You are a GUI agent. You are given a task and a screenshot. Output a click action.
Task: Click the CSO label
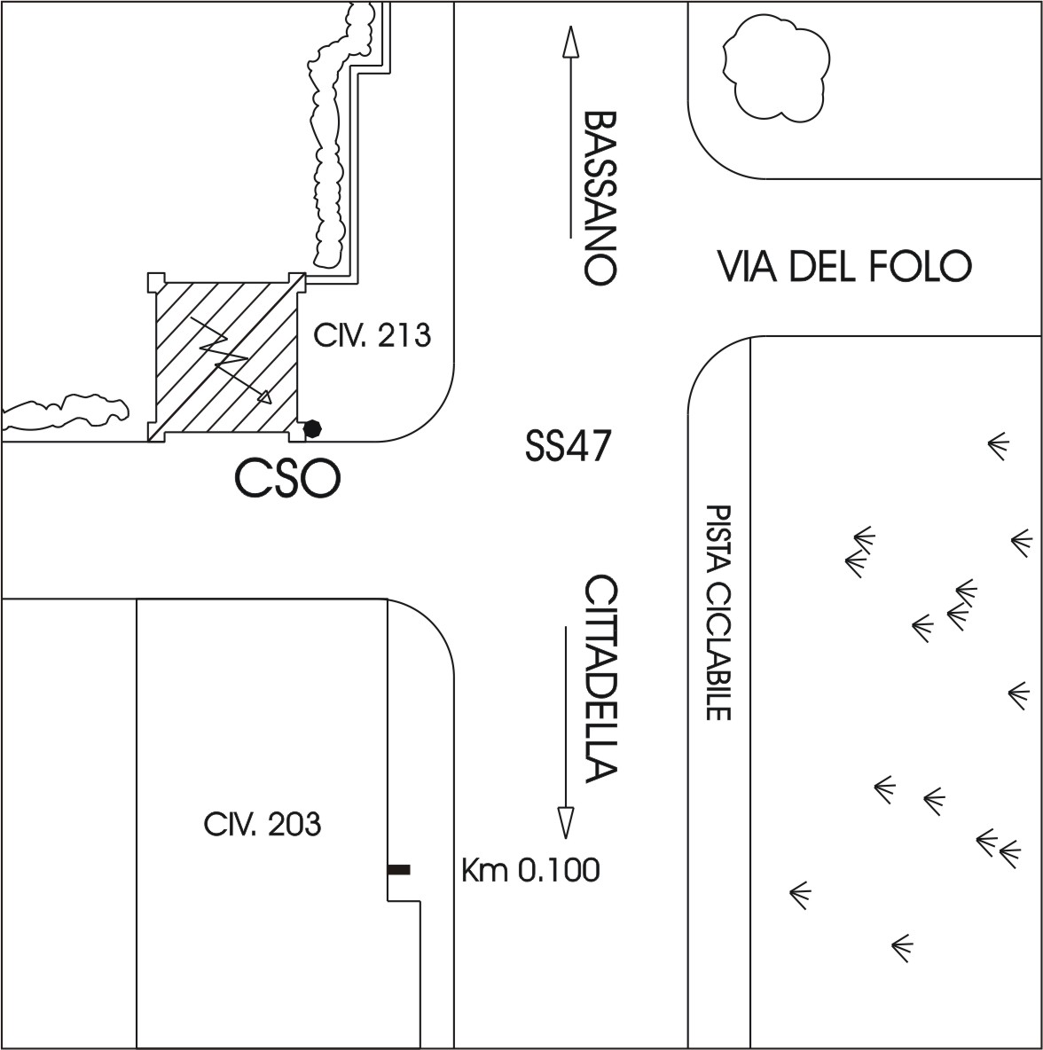pos(286,480)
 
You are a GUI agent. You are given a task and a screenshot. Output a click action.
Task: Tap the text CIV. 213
pos(372,335)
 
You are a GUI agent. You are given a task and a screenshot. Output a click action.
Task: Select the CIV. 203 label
pos(262,825)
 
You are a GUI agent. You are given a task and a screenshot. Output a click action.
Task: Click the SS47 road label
pos(567,445)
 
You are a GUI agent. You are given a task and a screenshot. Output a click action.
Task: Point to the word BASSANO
pos(600,196)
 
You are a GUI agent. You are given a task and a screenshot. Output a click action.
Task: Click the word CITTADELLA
pos(600,679)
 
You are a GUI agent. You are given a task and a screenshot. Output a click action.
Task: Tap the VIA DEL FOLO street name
pos(843,266)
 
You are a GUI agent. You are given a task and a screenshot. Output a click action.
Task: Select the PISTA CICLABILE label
pos(718,612)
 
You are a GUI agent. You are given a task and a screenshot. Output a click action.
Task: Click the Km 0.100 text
pos(530,870)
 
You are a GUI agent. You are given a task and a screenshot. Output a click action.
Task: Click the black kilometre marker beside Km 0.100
pos(399,870)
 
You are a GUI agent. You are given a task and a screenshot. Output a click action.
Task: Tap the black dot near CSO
pos(311,429)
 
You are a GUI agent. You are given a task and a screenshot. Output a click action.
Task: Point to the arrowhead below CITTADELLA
pos(565,822)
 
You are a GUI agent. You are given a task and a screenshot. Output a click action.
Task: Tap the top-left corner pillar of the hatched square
pos(155,283)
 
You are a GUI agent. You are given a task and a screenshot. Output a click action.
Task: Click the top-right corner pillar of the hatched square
pos(296,282)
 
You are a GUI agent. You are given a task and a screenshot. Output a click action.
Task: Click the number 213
pos(403,335)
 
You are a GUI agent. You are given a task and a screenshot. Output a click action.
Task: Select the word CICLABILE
pos(718,651)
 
